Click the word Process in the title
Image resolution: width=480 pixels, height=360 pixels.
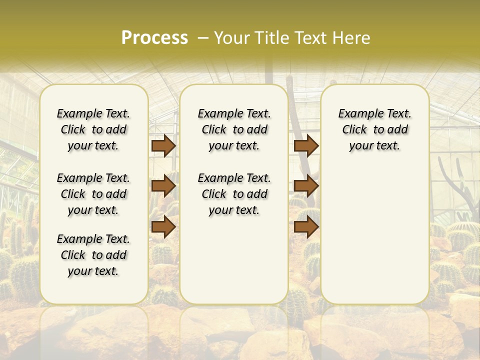pos(154,37)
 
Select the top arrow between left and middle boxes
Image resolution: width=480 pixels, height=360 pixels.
pos(163,145)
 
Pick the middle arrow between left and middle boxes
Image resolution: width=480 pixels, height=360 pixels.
pos(163,186)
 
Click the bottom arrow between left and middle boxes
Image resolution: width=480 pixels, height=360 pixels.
pos(163,226)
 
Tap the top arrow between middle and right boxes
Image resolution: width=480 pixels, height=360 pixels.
pos(306,145)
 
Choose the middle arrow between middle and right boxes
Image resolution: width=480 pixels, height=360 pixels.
pos(306,186)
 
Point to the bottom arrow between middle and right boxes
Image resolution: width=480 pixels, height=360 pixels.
pos(306,226)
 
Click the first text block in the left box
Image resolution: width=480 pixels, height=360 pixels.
pos(93,129)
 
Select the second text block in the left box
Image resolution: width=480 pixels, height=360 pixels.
pos(93,194)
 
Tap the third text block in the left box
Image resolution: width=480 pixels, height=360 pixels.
pos(93,255)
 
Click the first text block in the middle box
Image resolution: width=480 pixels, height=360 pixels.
pos(234,129)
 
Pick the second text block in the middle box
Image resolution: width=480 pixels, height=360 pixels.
pos(234,194)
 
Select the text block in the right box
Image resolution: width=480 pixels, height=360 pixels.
pos(374,129)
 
